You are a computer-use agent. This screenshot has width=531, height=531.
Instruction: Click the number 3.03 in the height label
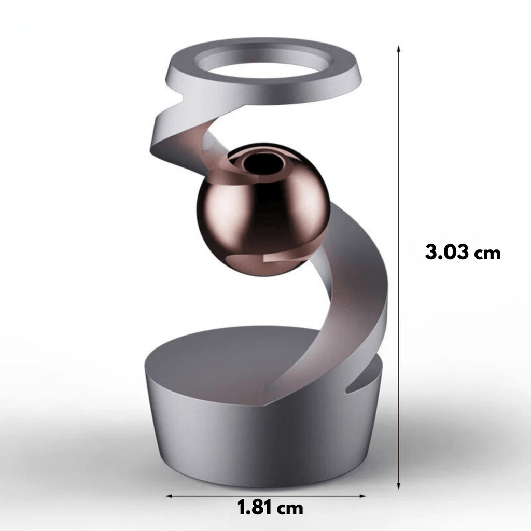pyautogui.click(x=447, y=253)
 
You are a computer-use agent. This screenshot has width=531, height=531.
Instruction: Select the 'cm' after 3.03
pyautogui.click(x=486, y=254)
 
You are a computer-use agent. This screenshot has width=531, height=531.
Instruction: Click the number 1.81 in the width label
pyautogui.click(x=256, y=508)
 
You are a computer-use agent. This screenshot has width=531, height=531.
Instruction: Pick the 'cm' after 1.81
pyautogui.click(x=290, y=509)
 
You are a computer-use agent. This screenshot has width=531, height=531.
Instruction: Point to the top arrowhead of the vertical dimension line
pyautogui.click(x=399, y=48)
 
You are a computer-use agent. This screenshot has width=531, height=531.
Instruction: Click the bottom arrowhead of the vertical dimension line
pyautogui.click(x=399, y=485)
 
